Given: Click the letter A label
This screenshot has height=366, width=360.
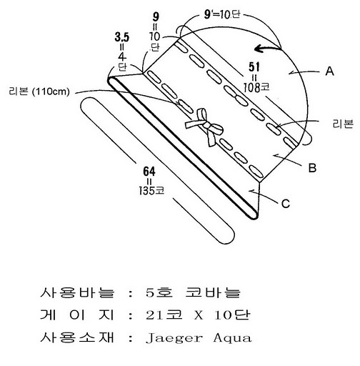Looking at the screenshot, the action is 329,71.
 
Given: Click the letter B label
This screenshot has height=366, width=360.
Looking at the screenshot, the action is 312,167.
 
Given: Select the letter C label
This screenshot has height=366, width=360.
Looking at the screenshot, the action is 286,204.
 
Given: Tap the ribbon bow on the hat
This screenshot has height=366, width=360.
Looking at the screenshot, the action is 205,127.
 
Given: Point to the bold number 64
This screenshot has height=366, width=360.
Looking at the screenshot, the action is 149,172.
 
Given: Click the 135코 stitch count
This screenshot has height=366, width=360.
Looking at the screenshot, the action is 151,191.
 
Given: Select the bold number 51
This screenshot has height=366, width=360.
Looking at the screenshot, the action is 254,67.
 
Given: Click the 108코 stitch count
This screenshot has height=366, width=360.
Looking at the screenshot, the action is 256,88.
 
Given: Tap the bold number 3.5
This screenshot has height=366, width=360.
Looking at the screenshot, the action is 122,37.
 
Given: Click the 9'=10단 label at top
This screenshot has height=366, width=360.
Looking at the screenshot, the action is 222,15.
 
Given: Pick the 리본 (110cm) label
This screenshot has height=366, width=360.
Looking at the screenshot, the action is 39,91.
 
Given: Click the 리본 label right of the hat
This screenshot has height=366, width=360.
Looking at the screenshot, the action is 343,124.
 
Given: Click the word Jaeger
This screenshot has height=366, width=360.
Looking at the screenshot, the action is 174,338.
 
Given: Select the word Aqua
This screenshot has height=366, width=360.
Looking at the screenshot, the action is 232,338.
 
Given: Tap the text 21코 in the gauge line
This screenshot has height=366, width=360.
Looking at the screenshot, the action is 164,315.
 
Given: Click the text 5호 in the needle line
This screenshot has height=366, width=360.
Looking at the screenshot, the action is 159,292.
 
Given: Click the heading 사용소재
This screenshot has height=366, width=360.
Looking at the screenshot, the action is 77,337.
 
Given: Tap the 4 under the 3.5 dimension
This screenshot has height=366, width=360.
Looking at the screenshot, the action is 122,56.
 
